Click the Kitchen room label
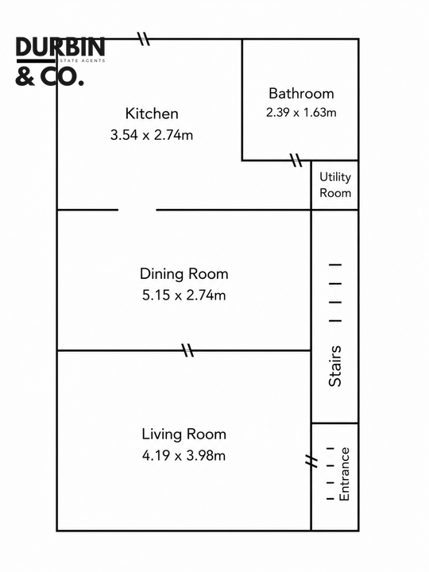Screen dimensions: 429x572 click(152, 114)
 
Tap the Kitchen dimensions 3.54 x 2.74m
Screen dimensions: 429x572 click(152, 135)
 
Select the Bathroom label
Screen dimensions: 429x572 click(301, 94)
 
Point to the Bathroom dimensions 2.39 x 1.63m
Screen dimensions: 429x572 click(301, 112)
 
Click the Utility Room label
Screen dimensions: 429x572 click(335, 184)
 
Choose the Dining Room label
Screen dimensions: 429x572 click(184, 273)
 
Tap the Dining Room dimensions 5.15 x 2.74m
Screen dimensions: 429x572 click(184, 295)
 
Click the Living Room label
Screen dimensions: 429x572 click(184, 434)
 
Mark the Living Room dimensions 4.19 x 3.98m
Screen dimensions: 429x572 click(184, 455)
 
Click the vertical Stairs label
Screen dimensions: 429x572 click(335, 366)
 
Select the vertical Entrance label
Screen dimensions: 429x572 click(344, 473)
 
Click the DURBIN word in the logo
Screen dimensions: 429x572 click(60, 48)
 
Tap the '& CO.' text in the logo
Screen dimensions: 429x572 click(49, 77)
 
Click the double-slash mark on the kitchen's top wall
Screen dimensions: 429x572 click(143, 38)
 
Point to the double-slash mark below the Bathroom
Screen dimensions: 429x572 click(296, 160)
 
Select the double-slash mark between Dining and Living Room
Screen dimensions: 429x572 click(187, 350)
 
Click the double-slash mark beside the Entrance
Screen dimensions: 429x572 click(311, 461)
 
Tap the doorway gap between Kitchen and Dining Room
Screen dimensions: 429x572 click(137, 210)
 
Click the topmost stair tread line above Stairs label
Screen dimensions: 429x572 click(335, 265)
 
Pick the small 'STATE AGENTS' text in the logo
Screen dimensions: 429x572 click(82, 60)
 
